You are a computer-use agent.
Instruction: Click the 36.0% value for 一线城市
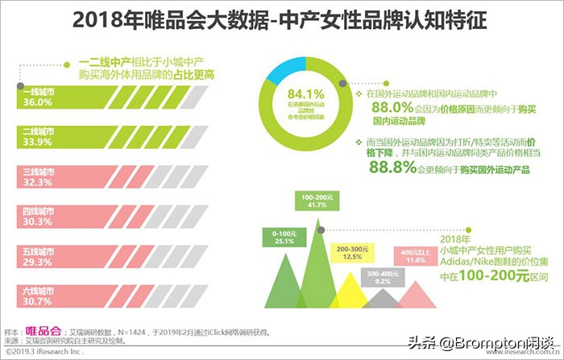coord(30,102)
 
